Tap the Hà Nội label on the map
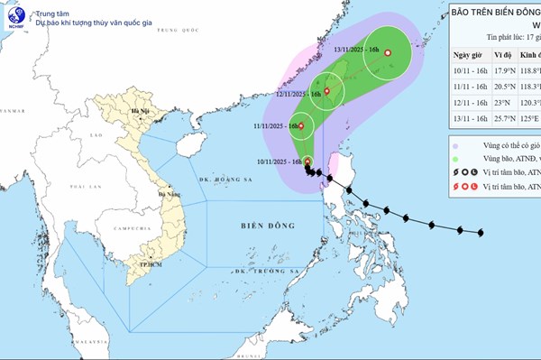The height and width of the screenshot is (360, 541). tap(139, 111)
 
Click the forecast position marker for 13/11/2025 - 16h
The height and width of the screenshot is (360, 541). tap(388, 53)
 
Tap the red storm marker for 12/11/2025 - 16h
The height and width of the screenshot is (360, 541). tap(327, 90)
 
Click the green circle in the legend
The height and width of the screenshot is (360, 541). tap(456, 159)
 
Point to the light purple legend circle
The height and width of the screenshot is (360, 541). tap(456, 144)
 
